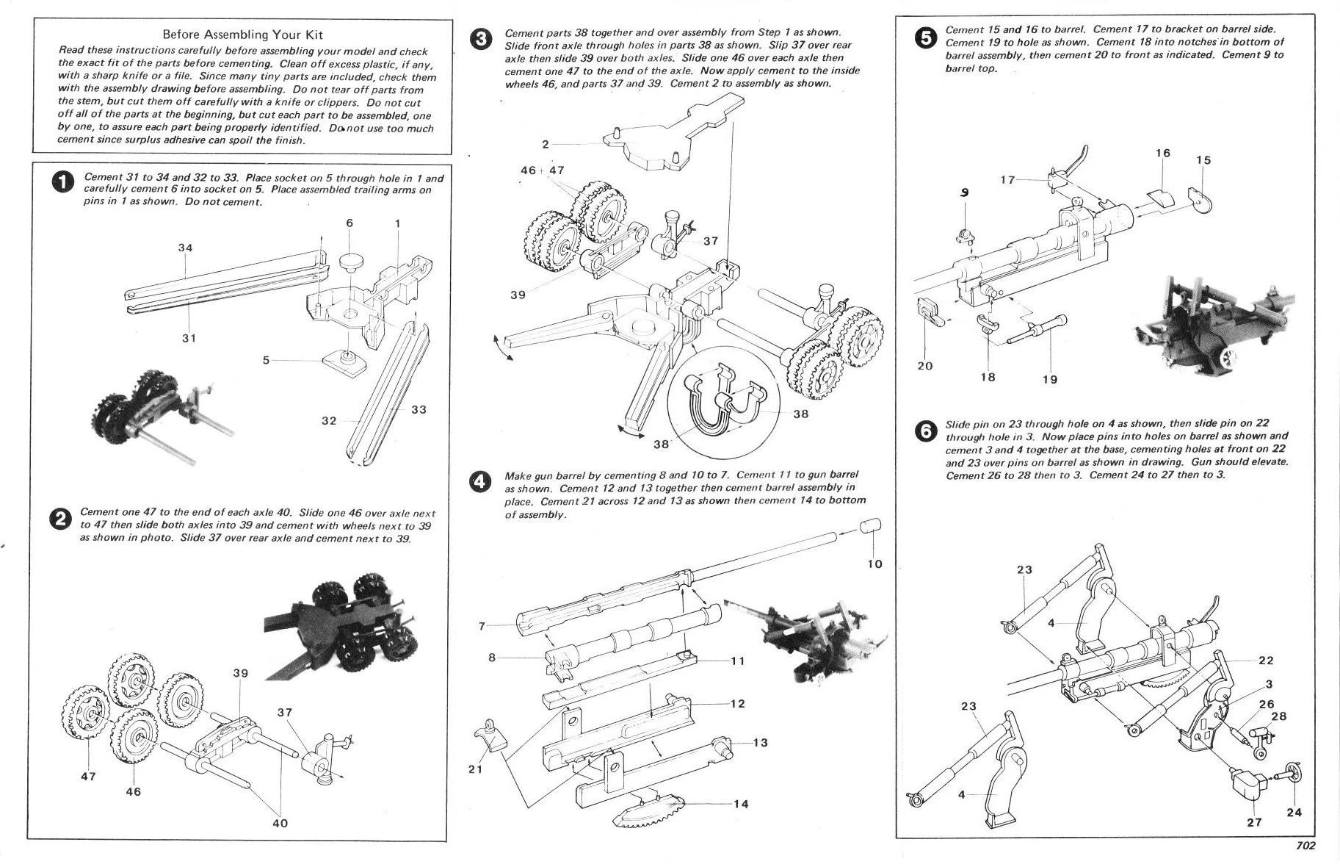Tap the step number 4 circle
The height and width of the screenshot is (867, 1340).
[x=480, y=481]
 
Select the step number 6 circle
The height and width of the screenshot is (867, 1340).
[x=925, y=431]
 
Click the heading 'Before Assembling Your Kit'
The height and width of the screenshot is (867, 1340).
[x=242, y=35]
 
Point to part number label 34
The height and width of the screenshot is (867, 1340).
[x=185, y=248]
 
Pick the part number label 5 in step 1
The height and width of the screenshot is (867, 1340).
[x=267, y=360]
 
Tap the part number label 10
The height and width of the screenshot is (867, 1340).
[x=874, y=564]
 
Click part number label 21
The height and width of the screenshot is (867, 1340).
[x=476, y=769]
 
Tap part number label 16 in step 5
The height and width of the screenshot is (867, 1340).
[x=1162, y=153]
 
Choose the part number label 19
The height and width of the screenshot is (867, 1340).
[x=1050, y=379]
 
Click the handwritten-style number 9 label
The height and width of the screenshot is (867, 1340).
[x=965, y=193]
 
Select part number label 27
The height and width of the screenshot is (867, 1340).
[x=1254, y=822]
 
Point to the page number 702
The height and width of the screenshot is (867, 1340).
[x=1305, y=846]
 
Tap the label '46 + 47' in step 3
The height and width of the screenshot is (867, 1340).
[x=542, y=170]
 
